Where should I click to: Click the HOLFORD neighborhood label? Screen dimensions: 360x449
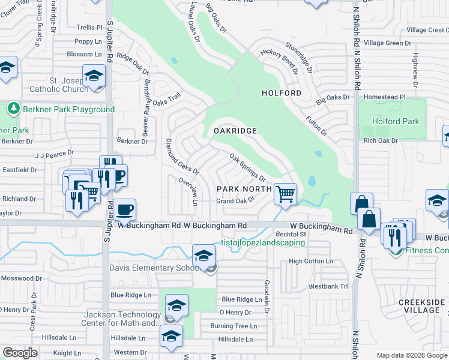(282, 93)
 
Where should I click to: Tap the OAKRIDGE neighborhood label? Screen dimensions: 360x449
(236, 131)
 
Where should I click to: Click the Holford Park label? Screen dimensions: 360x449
(396, 121)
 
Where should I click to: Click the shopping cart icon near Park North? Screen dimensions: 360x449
(285, 194)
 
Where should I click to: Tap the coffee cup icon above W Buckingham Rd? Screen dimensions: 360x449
(125, 210)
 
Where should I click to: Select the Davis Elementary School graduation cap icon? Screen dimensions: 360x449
(203, 255)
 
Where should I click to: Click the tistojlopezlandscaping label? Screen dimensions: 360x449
(264, 243)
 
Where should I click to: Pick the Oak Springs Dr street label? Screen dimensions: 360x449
(247, 167)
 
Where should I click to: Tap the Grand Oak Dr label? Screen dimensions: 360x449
(236, 201)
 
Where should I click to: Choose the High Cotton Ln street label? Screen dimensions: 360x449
(310, 261)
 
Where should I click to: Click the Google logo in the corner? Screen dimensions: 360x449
(20, 353)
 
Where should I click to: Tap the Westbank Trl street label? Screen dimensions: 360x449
(328, 286)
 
